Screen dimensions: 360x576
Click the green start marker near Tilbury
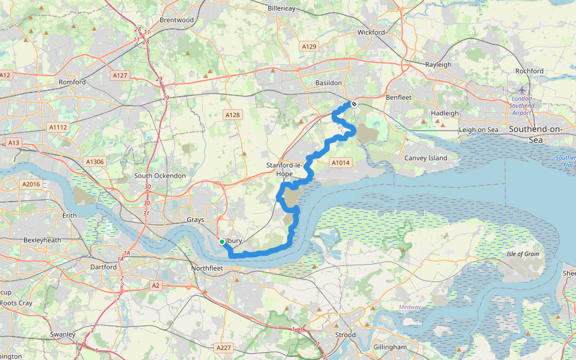coord(222,242)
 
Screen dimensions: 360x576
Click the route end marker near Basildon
coord(354,104)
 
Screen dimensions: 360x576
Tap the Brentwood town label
coord(176,20)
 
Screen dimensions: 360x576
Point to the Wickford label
coord(371,32)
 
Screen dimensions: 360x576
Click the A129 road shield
coord(310,46)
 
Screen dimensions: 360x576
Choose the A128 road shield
coord(232,115)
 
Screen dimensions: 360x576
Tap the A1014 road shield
coord(340,162)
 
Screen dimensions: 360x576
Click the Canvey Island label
coord(425,158)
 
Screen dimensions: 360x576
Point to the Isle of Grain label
coord(523,254)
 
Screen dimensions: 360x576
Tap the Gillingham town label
coord(389,347)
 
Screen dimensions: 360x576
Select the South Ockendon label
coord(160,176)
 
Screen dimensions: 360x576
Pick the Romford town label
coord(73,82)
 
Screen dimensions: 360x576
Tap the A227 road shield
coord(223,347)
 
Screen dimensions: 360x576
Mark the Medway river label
coord(409,307)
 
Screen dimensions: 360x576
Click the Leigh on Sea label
coord(478,130)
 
